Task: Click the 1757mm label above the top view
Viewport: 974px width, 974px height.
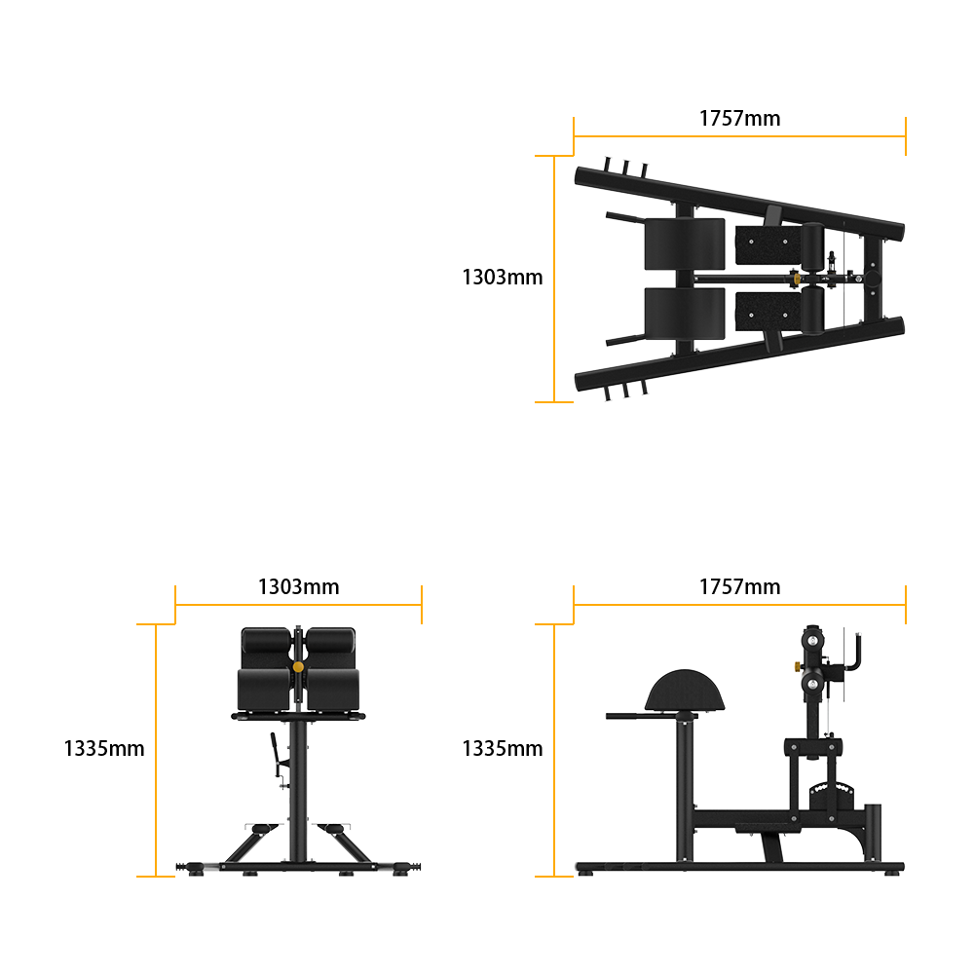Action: [x=739, y=118]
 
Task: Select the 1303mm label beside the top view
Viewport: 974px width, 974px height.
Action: [x=502, y=277]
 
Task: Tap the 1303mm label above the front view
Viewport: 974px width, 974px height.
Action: [x=298, y=586]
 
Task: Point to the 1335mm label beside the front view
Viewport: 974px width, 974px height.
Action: [x=104, y=748]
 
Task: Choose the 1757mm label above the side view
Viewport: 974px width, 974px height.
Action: [x=739, y=586]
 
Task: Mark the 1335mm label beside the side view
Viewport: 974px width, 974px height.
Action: [x=502, y=748]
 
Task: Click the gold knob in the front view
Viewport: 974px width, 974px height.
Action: [x=298, y=667]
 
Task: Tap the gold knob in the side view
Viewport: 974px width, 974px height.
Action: [x=797, y=666]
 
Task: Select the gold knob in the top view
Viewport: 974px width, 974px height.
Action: [x=795, y=279]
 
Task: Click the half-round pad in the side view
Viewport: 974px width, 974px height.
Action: [x=685, y=691]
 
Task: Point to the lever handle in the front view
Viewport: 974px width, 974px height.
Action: [x=274, y=754]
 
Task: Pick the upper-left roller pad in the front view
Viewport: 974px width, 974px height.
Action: [x=266, y=641]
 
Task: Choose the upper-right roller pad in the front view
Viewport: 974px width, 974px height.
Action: [x=331, y=641]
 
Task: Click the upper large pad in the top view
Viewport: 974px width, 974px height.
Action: [x=685, y=244]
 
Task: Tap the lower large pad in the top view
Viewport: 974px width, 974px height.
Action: [x=685, y=314]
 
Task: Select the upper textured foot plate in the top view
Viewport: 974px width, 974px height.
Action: [x=768, y=245]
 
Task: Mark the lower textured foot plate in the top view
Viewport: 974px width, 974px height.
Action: [x=768, y=312]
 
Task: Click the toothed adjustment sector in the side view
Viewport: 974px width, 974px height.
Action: [x=832, y=796]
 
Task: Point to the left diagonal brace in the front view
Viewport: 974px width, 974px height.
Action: [x=251, y=844]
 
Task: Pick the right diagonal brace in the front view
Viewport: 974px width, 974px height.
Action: [x=346, y=844]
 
